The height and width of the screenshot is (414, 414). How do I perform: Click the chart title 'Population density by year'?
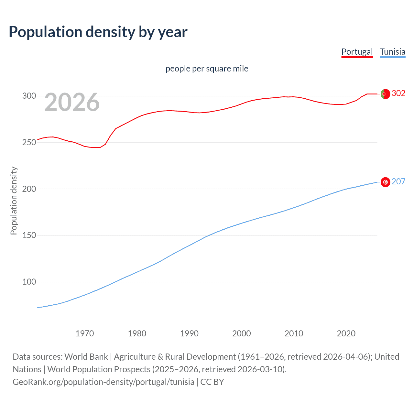[98, 32]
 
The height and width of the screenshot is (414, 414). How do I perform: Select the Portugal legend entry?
[357, 52]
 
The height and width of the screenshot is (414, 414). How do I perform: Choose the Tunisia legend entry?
[392, 52]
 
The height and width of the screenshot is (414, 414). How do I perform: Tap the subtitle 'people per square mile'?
[207, 69]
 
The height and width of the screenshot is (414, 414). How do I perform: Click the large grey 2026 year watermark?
[72, 102]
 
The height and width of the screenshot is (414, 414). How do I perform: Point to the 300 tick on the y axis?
[29, 96]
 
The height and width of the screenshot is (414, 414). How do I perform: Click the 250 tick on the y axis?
[29, 143]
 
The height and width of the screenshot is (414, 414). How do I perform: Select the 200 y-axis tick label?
[29, 189]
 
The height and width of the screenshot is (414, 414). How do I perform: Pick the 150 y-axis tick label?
[29, 235]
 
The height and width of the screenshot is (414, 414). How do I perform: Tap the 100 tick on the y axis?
[29, 282]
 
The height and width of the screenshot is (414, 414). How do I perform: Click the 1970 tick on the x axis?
[85, 333]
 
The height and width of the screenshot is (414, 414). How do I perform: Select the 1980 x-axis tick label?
[137, 333]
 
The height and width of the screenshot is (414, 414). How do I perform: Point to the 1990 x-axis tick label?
[189, 333]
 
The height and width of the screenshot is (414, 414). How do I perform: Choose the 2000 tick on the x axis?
[242, 333]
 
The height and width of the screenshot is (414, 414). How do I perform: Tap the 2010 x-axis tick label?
[294, 333]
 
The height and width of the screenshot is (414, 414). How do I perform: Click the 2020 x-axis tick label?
[346, 333]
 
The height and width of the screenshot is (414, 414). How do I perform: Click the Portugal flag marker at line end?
[385, 94]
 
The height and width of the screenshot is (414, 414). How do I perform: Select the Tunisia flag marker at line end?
[385, 182]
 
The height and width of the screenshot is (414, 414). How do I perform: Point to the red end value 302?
[398, 93]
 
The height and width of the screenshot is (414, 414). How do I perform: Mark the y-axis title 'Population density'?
[14, 201]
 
